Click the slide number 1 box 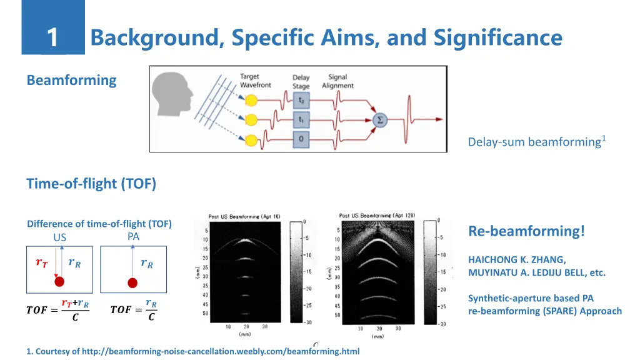click(x=53, y=37)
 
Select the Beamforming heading click(x=71, y=80)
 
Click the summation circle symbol click(x=379, y=119)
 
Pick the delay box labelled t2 click(x=301, y=100)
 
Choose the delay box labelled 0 click(x=301, y=139)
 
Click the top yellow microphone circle click(x=251, y=100)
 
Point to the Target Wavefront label click(x=256, y=81)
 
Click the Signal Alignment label click(x=337, y=82)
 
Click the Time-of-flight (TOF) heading click(x=91, y=184)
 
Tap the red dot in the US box click(x=59, y=281)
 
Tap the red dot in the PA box click(x=132, y=282)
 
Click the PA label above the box click(x=133, y=237)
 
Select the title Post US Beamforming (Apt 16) click(x=244, y=216)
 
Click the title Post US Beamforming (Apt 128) click(x=375, y=216)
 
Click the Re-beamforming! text click(x=527, y=231)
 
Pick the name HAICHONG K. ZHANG click(x=517, y=259)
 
